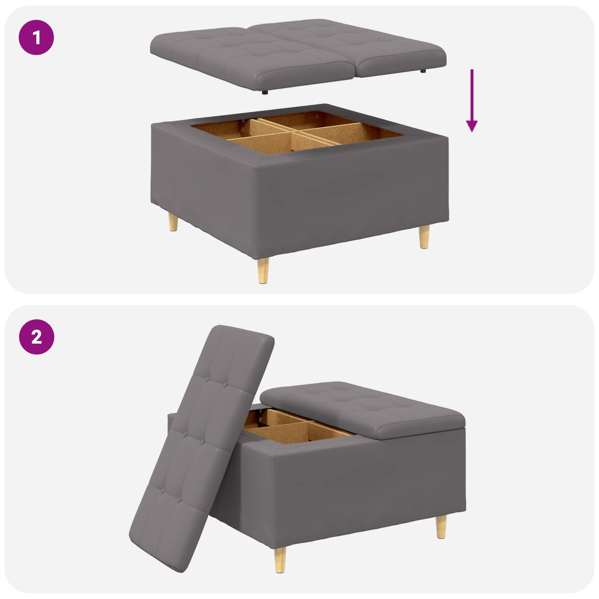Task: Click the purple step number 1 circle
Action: [x=36, y=37]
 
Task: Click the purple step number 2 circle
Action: [x=36, y=337]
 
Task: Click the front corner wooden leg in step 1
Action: [x=263, y=270]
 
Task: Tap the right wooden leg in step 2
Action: [x=441, y=526]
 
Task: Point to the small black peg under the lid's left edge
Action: [x=265, y=92]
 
